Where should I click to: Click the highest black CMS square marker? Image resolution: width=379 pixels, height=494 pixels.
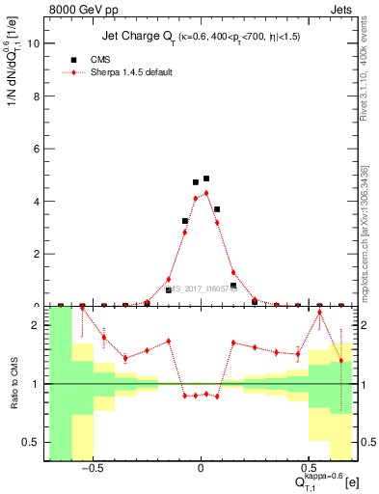(x=206, y=178)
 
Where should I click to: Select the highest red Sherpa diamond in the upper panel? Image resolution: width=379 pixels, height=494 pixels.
(x=206, y=193)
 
